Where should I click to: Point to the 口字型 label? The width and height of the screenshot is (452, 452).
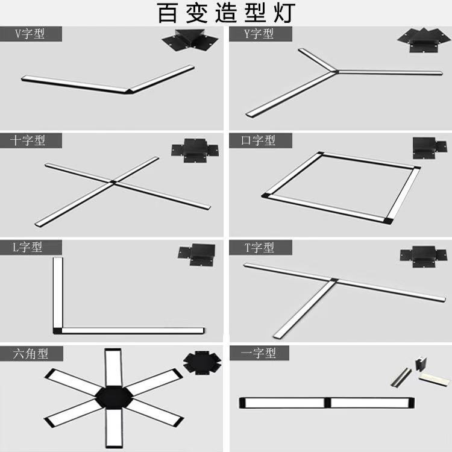pos(259,141)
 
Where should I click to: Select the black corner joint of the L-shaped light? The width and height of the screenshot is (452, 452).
pos(57,330)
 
